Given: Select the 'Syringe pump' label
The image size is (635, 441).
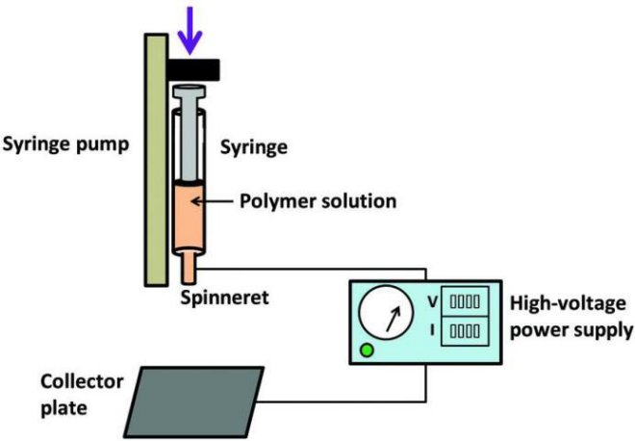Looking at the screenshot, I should point(66,146).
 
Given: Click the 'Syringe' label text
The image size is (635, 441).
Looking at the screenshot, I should point(257,145).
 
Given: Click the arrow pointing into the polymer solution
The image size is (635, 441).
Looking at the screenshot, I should point(209,202).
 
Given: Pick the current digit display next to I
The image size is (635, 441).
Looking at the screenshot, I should point(465,331).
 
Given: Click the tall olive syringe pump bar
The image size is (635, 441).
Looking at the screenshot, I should point(154,159).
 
